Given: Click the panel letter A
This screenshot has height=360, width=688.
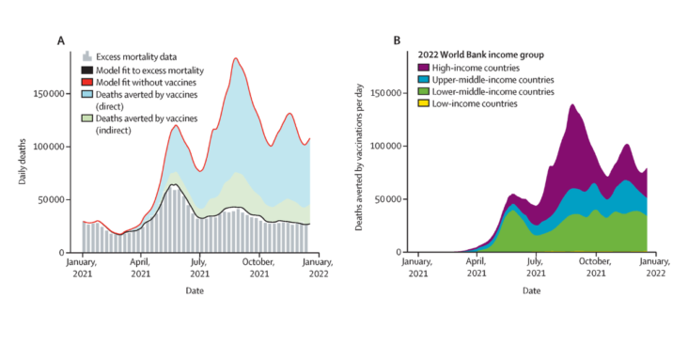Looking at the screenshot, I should click(61, 40).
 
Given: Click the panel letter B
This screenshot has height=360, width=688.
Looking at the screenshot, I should click(396, 40).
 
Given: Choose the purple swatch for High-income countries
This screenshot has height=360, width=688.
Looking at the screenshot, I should click(423, 68).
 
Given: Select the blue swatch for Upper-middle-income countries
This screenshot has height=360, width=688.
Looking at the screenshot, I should click(423, 80).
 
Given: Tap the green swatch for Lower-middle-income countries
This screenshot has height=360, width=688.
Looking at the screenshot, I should click(423, 92).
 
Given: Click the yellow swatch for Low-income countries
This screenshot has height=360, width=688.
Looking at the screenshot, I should click(423, 103).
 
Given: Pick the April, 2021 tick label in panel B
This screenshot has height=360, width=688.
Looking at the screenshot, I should click(477, 269).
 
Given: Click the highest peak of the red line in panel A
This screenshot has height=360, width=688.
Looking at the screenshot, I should click(236, 58).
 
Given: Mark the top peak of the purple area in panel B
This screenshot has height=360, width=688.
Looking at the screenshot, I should click(571, 104).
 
